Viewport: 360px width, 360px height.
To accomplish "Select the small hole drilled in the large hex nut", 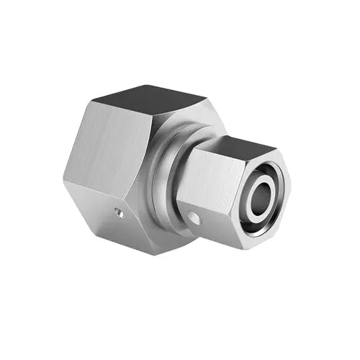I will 120,213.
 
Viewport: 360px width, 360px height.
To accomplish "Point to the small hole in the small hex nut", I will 192,216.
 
